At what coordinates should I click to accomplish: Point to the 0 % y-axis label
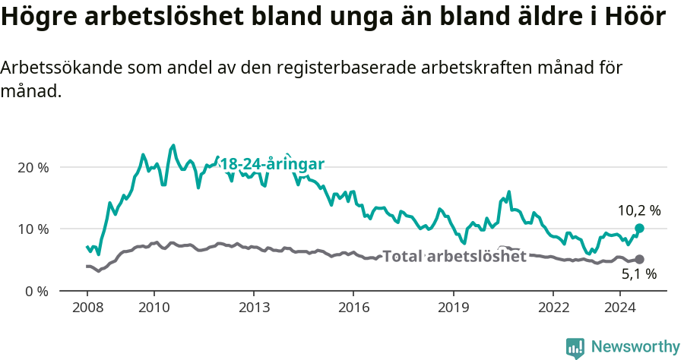pyautogui.click(x=38, y=291)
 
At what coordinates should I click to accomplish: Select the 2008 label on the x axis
pyautogui.click(x=87, y=308)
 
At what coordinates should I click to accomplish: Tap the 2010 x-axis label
pyautogui.click(x=154, y=308)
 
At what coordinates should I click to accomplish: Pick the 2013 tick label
pyautogui.click(x=254, y=308)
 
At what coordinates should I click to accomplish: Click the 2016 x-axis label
pyautogui.click(x=353, y=308)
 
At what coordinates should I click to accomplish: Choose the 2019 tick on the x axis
pyautogui.click(x=454, y=308)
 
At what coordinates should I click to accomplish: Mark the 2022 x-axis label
pyautogui.click(x=553, y=308)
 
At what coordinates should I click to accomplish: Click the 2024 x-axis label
pyautogui.click(x=620, y=308)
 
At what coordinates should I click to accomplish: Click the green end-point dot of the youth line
pyautogui.click(x=639, y=229)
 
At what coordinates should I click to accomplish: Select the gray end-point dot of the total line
pyautogui.click(x=639, y=260)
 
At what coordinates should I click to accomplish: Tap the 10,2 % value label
pyautogui.click(x=638, y=210)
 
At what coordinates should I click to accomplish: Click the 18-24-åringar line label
pyautogui.click(x=274, y=165)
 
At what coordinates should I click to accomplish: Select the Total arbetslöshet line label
pyautogui.click(x=454, y=256)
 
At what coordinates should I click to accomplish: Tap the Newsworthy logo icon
pyautogui.click(x=575, y=347)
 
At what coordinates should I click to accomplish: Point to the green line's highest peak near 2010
pyautogui.click(x=173, y=145)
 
